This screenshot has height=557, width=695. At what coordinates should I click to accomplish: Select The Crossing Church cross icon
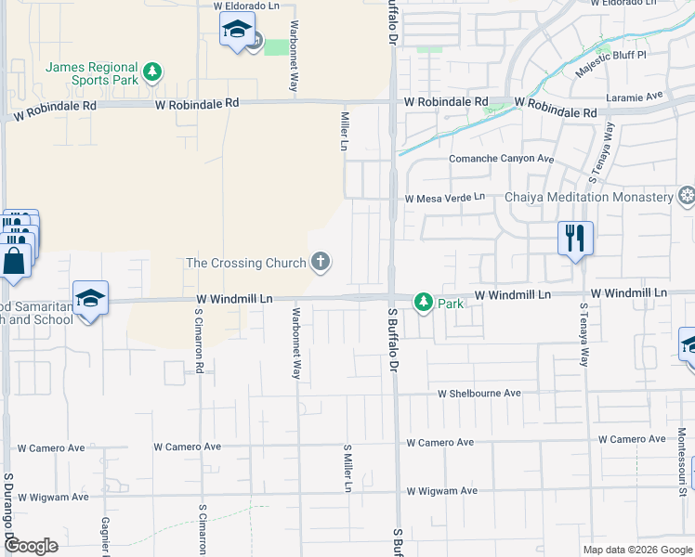coord(321,262)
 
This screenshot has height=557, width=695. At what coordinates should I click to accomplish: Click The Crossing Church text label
coord(246,263)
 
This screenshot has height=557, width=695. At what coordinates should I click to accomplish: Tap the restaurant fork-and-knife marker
coord(575,238)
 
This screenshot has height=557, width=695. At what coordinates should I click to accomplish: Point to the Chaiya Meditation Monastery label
coord(588,197)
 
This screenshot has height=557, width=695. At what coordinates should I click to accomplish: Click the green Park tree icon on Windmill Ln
coord(424,302)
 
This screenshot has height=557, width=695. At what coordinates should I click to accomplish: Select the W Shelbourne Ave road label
coord(479,394)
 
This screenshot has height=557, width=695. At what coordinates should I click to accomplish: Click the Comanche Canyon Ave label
coord(501,159)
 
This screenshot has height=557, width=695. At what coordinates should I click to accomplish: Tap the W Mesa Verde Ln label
coord(444,197)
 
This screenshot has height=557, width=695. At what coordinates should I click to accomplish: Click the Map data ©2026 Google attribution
coord(637,550)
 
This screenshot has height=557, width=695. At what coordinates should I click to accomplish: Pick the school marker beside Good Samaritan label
coord(90,298)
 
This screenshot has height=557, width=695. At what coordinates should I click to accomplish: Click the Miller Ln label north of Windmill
coord(344,131)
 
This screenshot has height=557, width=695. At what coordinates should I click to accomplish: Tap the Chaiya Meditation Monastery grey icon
coord(687,195)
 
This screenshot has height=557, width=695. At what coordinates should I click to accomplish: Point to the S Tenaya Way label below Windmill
coord(584,334)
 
